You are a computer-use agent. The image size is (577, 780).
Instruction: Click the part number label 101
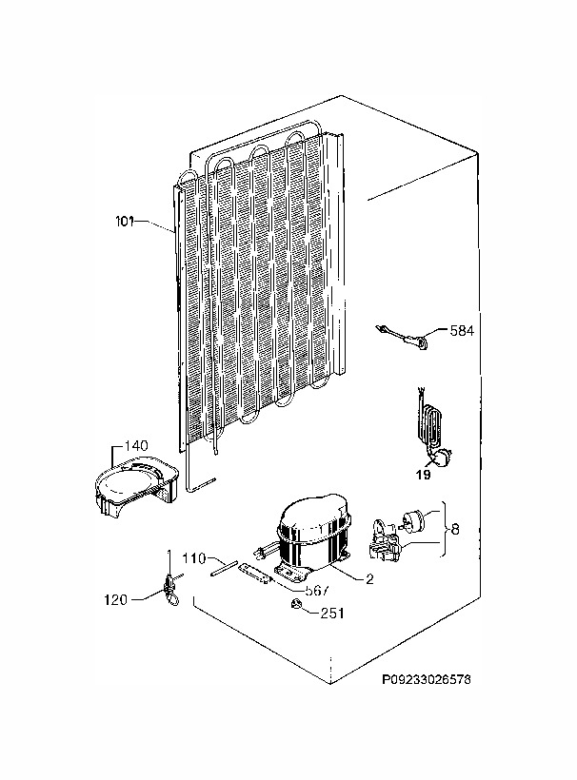pos(125,222)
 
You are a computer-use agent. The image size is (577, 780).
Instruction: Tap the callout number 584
pos(462,330)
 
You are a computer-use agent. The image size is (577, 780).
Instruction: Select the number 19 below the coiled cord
pos(423,475)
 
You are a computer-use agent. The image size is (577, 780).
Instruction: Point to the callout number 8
pos(454,529)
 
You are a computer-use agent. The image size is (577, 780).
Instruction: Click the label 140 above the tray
pos(135,445)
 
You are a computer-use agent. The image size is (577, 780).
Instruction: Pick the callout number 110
pos(193,558)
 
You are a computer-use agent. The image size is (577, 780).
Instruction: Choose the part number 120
pos(115,600)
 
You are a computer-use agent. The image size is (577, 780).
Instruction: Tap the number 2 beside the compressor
pos(369,579)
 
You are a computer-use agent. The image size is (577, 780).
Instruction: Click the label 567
pos(317,591)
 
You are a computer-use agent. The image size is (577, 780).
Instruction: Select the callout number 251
pos(332,614)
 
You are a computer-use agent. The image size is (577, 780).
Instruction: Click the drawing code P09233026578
pos(427,679)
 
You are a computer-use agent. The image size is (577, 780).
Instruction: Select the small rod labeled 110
pos(223,569)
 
